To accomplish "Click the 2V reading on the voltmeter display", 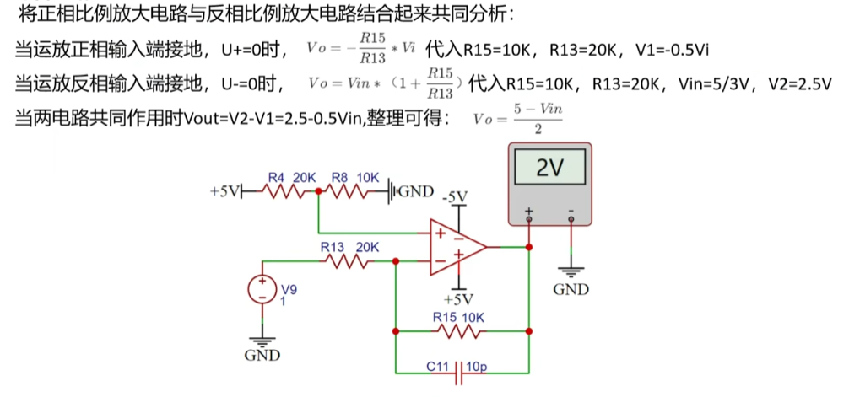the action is [549, 169].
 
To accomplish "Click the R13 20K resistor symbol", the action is [347, 261].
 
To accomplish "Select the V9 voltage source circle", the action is [262, 289].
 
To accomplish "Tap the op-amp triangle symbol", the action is [458, 247].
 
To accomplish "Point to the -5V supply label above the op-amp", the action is [455, 197].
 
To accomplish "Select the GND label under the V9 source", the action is [262, 356].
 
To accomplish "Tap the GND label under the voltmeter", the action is [571, 289].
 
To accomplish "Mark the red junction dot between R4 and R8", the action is [318, 191].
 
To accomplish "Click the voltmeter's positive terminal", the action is [529, 219].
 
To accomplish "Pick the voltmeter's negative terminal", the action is [571, 219].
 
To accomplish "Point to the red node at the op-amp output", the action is [529, 247].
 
